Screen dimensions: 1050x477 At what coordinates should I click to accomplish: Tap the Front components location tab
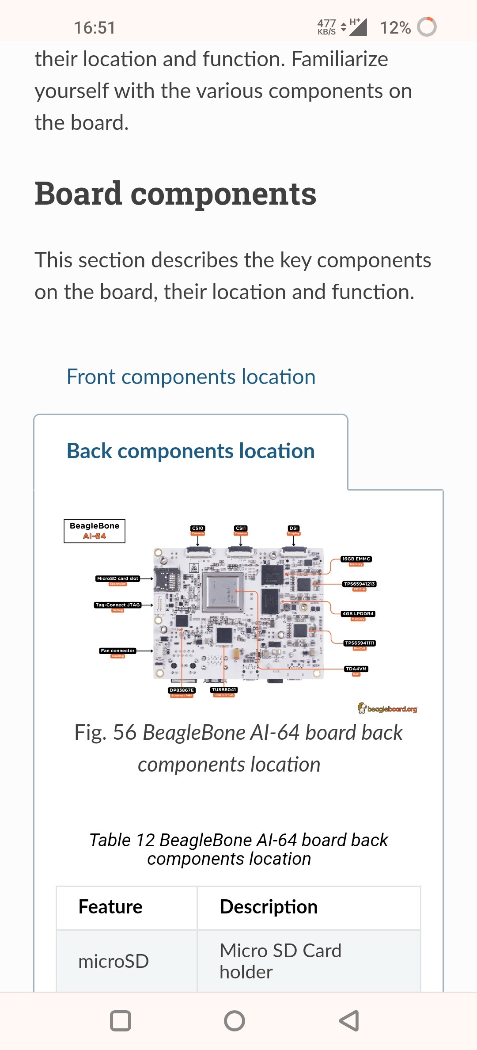(191, 377)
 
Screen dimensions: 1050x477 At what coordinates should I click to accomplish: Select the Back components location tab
(191, 451)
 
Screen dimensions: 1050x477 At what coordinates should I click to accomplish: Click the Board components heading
(175, 194)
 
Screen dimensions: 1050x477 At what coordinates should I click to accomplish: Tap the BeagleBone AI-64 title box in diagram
(95, 531)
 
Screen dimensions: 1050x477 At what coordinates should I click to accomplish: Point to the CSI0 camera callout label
(198, 529)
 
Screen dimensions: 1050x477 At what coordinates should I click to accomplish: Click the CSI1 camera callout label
(241, 529)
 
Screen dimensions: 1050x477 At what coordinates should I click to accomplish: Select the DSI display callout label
(294, 529)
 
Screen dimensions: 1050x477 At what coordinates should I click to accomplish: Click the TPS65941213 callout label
(359, 584)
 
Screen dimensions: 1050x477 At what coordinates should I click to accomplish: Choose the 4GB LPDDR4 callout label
(358, 614)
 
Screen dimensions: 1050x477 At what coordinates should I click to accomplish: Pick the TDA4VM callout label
(356, 669)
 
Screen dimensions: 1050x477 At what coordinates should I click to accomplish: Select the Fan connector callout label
(117, 651)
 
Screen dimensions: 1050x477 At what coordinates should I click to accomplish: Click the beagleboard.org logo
(387, 709)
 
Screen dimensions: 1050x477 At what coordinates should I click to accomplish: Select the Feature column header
(110, 907)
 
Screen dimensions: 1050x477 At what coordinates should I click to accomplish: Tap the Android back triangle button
(349, 1021)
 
